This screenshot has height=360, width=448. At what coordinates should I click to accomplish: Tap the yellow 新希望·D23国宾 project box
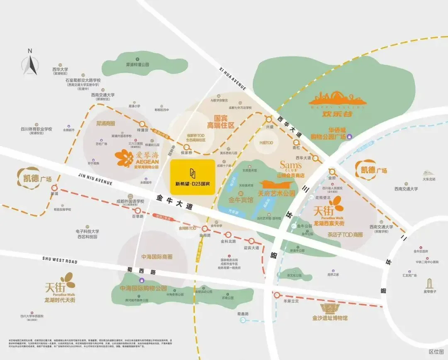193,177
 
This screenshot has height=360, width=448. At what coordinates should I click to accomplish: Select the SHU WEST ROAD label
60,260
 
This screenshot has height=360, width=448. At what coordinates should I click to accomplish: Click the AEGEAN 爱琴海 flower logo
124,158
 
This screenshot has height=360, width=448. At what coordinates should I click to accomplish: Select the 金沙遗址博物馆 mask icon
331,309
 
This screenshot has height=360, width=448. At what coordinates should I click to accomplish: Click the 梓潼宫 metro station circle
143,124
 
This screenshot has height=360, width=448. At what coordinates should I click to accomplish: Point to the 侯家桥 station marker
185,146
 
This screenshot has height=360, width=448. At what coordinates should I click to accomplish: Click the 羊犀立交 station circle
277,295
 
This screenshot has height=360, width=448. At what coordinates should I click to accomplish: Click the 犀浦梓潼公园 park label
137,65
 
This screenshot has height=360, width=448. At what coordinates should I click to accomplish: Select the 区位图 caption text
436,351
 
